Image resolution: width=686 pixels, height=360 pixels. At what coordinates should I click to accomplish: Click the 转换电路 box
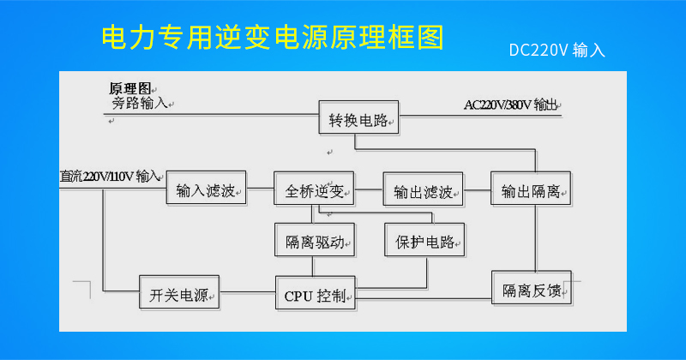[358, 117]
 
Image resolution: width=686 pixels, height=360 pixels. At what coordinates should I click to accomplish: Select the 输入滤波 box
[206, 188]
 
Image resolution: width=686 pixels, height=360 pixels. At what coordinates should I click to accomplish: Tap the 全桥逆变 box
[314, 189]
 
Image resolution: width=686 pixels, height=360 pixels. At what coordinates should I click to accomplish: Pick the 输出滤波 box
[423, 189]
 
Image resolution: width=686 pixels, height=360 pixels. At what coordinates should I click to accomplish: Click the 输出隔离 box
[531, 189]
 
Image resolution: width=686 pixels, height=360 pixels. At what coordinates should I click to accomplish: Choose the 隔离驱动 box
[315, 240]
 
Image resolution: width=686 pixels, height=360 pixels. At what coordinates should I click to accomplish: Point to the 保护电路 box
[424, 240]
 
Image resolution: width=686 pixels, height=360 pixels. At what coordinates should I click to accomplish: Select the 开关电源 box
[179, 292]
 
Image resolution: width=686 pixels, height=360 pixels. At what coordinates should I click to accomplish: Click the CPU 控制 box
[316, 293]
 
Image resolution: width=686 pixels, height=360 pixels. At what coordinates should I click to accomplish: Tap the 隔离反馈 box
[532, 287]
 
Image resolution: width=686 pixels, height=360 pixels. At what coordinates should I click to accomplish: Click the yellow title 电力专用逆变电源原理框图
[273, 37]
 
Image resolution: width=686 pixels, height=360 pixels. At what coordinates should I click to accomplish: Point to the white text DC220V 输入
[557, 51]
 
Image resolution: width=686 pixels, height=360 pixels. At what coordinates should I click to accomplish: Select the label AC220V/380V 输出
[510, 105]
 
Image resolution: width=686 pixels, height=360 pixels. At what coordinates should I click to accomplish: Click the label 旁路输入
[140, 103]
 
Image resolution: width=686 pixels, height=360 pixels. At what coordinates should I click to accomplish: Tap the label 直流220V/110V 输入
[110, 177]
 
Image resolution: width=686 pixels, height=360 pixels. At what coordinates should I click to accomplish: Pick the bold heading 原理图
[129, 88]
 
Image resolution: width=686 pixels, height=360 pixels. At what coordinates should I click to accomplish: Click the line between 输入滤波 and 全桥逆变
[261, 189]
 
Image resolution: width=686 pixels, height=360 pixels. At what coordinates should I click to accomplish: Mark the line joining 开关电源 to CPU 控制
[248, 292]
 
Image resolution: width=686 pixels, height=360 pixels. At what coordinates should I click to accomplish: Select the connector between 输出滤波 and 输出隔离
[478, 189]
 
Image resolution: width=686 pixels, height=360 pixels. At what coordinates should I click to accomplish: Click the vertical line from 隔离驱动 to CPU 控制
[313, 267]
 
